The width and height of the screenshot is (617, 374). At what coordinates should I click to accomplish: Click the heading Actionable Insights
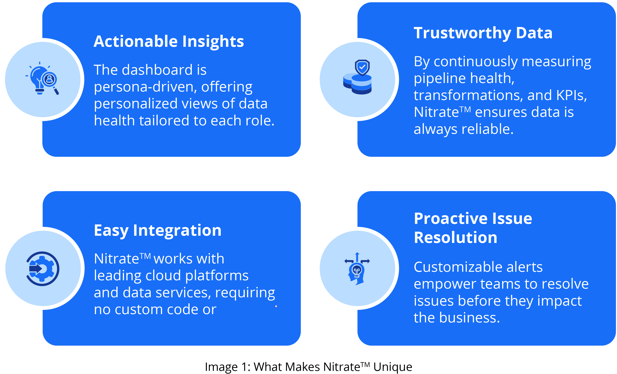tap(168, 41)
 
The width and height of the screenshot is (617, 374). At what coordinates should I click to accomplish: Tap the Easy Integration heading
tap(158, 231)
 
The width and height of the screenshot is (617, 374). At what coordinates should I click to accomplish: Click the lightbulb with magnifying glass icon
tap(42, 78)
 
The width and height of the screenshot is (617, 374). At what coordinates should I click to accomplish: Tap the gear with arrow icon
tap(43, 269)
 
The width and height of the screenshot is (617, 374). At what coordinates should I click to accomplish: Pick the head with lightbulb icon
tap(357, 269)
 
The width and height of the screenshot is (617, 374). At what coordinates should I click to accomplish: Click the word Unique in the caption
tap(393, 367)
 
